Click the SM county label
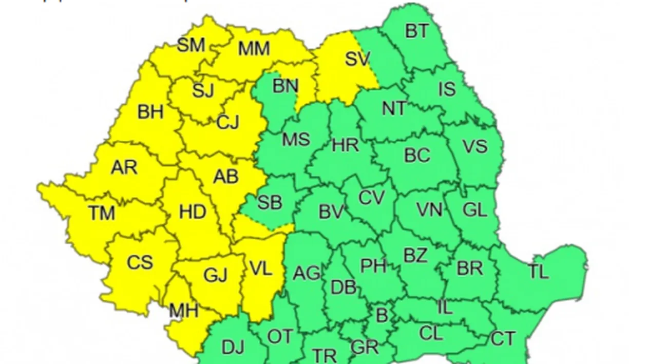tap(191, 45)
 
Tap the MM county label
tap(254, 49)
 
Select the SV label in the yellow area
tap(357, 59)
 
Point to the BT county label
tap(416, 31)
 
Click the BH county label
tap(150, 112)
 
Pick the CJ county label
tap(228, 122)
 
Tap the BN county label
tap(285, 86)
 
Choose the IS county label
tap(447, 89)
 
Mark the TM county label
tap(101, 212)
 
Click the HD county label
tap(193, 212)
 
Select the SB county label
tap(270, 202)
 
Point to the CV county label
tap(371, 198)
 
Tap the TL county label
tap(538, 272)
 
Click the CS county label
tap(140, 262)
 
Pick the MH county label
tap(183, 311)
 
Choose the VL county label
tap(260, 269)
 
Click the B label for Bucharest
tap(382, 316)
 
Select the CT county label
tap(503, 338)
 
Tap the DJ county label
tap(233, 348)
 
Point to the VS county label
tap(474, 146)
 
